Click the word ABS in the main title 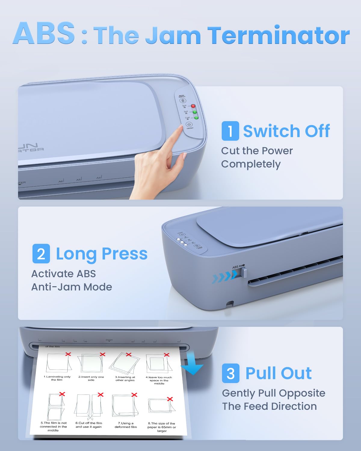(x=44, y=33)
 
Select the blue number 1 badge (x=230, y=131)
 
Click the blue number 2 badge (x=41, y=254)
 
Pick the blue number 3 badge (x=230, y=373)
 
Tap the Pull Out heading (x=278, y=373)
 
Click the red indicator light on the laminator (x=193, y=106)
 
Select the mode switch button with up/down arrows (x=182, y=100)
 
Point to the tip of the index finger (x=180, y=127)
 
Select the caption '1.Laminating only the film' (x=57, y=378)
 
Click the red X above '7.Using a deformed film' (x=134, y=394)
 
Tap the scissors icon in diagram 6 (x=90, y=418)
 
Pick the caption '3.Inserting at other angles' (x=125, y=379)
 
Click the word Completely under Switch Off (x=251, y=164)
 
